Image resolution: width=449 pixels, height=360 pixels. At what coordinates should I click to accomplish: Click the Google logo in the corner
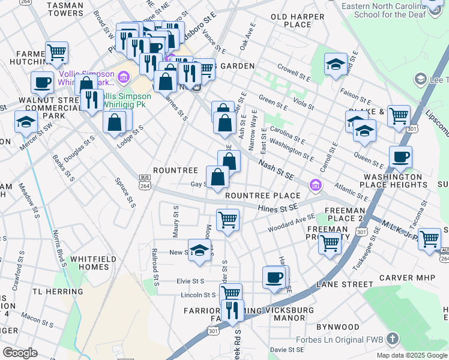click(20, 353)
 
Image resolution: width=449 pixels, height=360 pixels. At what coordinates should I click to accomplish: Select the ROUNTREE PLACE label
click(262, 196)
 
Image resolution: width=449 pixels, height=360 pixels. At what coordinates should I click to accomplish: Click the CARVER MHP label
click(405, 278)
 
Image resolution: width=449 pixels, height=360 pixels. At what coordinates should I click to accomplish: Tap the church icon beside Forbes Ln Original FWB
click(393, 339)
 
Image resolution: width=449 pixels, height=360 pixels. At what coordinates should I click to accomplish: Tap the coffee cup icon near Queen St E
click(400, 157)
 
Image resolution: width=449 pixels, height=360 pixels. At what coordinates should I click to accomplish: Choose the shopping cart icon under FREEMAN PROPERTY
click(330, 244)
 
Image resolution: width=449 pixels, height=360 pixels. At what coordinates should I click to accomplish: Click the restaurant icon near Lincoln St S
click(232, 310)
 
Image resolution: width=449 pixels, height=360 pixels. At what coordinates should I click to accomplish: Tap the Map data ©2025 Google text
click(411, 355)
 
